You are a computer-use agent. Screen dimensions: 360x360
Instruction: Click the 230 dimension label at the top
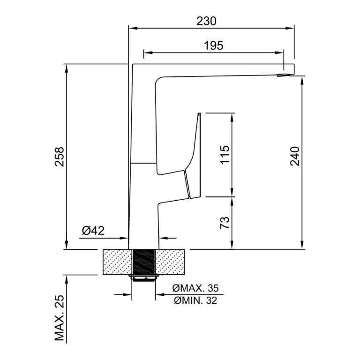coord(206,21)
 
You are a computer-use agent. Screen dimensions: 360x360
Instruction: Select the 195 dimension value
coord(214,45)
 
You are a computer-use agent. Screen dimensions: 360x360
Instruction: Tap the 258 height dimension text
coord(59,157)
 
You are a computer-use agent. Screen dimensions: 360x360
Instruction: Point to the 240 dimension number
coord(295,156)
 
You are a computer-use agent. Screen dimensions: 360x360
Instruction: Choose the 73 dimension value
coord(225,223)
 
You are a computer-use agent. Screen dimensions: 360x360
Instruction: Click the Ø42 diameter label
coord(93,231)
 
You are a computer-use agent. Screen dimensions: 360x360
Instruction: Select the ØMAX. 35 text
coord(195,288)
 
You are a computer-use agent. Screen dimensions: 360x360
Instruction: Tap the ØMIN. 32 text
coord(195,300)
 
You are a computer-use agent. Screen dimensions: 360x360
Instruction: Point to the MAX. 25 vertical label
coord(59,318)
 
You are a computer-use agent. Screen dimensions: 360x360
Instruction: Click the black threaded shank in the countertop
coord(143,262)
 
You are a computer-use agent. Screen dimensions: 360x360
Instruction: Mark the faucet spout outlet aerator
coord(283,75)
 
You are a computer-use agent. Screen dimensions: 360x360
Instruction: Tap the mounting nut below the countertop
coord(143,277)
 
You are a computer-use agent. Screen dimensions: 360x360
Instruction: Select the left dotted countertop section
coord(117,262)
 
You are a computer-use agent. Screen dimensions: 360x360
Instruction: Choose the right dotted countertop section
coord(170,262)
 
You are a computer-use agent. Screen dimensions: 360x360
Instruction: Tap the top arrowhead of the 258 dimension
coord(67,68)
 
